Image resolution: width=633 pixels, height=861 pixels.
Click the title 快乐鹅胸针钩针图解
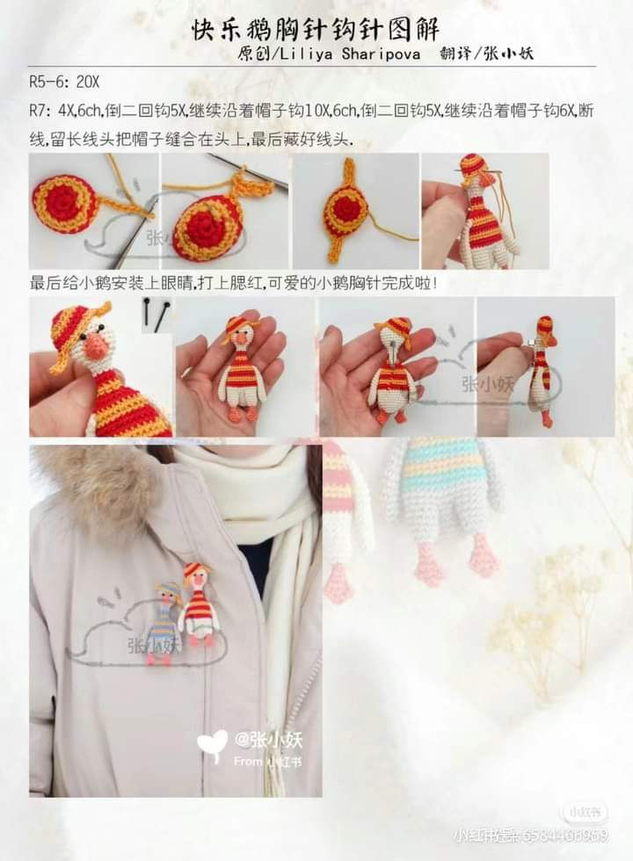coord(316,30)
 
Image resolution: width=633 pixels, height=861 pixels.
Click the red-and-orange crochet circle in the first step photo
coord(66,203)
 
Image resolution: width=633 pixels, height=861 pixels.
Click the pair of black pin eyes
coord(156,313)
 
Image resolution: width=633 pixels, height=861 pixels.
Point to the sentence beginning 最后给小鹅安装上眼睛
coord(233,284)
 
